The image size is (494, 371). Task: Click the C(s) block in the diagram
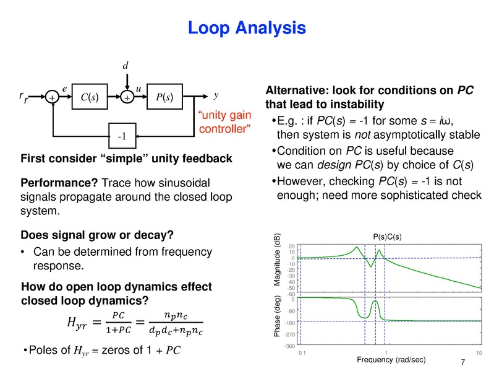(x=90, y=97)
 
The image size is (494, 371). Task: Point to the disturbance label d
(x=126, y=65)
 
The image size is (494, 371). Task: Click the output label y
(x=216, y=95)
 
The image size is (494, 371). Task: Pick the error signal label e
(x=65, y=89)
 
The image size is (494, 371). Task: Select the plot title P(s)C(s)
(x=388, y=237)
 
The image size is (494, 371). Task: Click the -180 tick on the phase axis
(x=290, y=323)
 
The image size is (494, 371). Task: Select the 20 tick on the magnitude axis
(x=291, y=246)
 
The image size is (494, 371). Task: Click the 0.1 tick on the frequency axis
(x=302, y=352)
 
